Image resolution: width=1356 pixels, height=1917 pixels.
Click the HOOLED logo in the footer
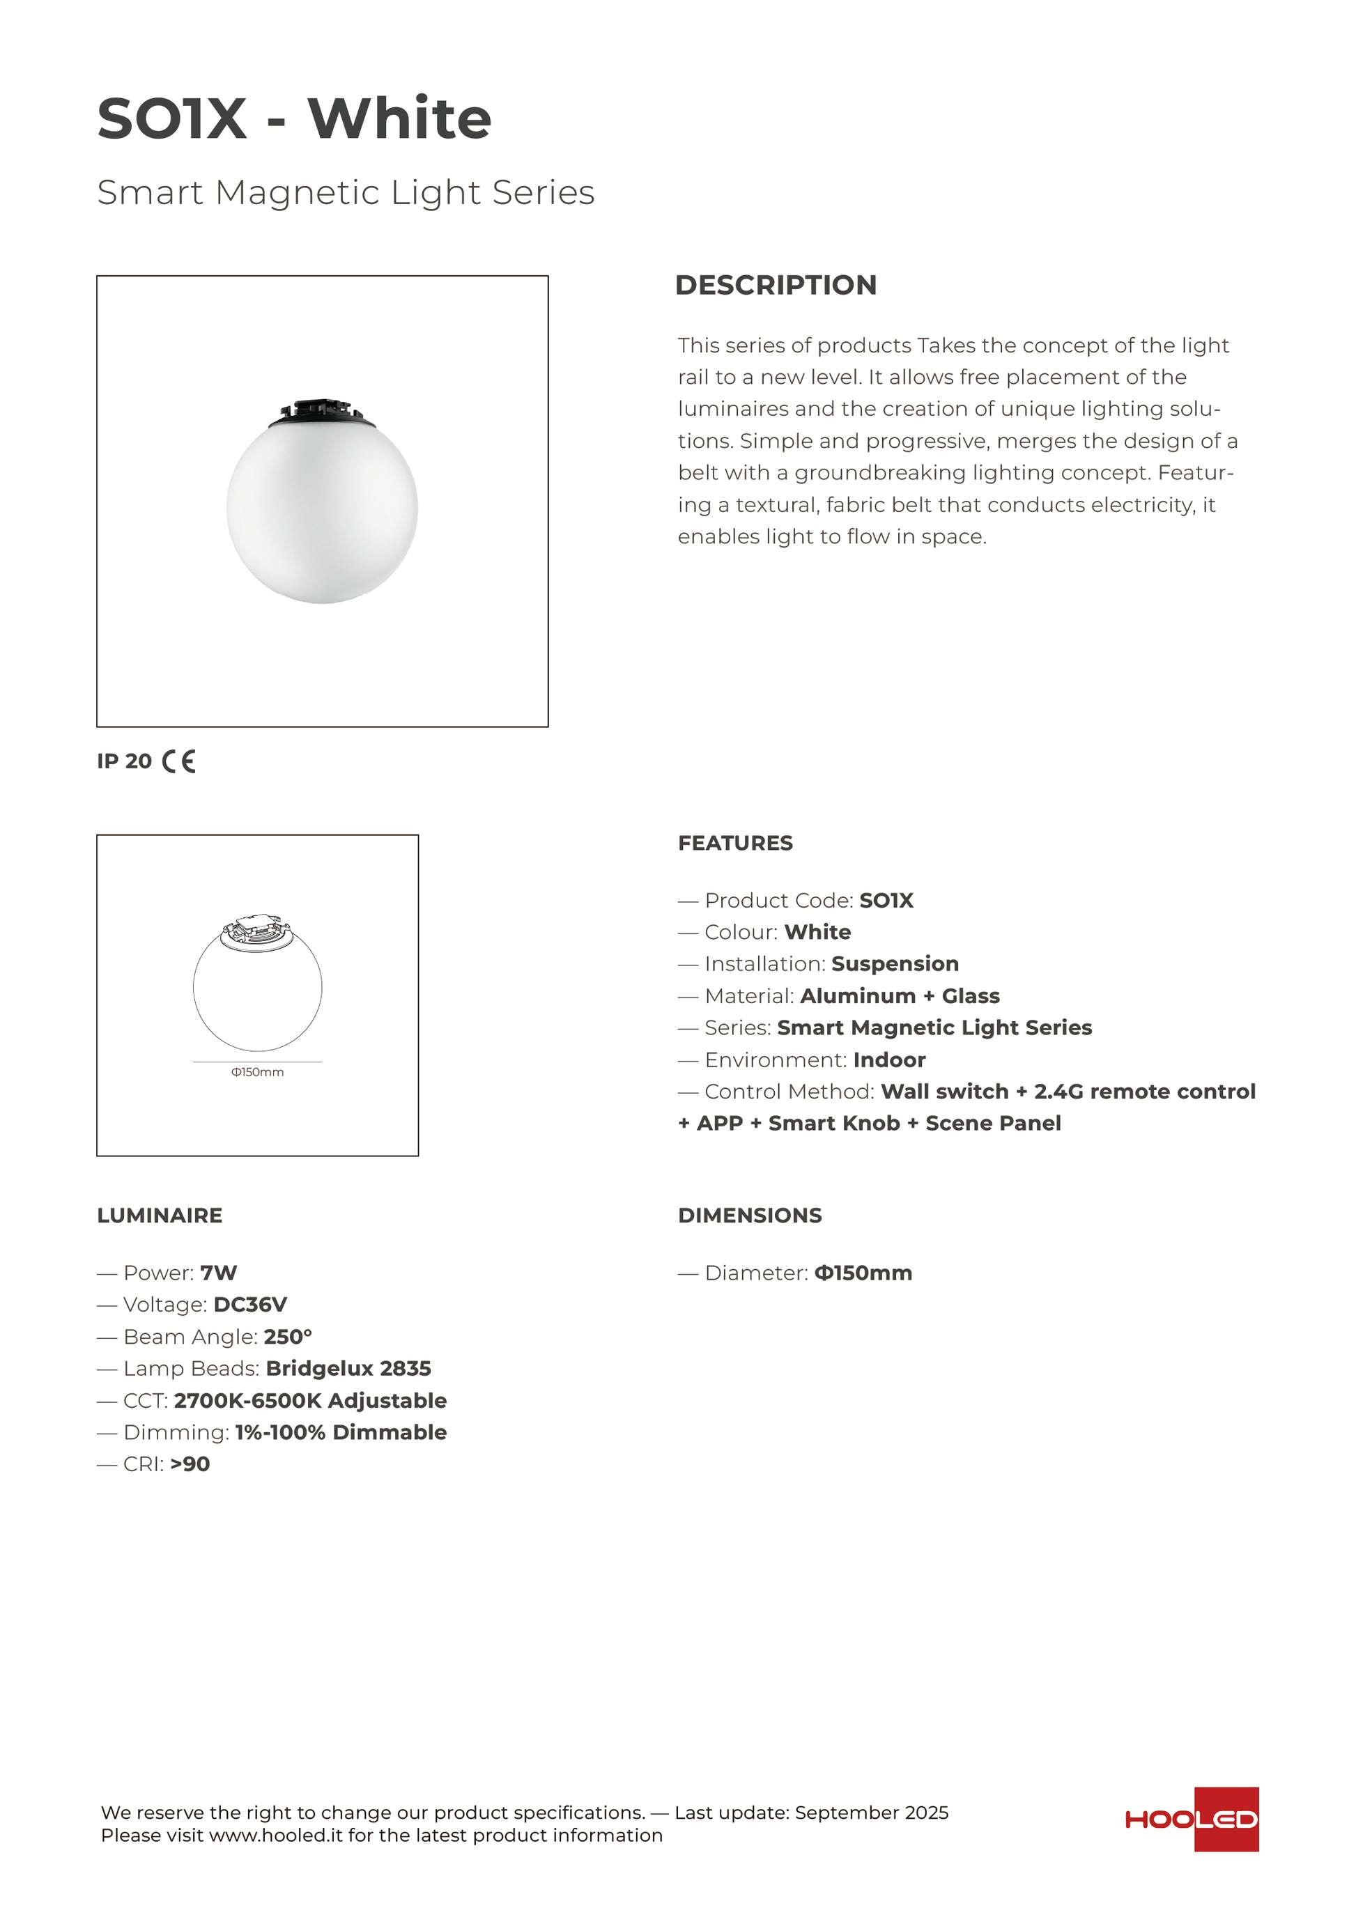point(1192,1819)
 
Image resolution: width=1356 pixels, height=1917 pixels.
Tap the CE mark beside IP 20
point(178,761)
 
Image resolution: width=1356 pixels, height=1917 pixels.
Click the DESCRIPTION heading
point(776,285)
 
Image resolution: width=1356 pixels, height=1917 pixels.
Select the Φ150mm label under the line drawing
point(257,1072)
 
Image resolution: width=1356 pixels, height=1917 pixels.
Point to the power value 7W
point(219,1273)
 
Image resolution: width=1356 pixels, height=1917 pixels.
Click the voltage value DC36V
point(250,1304)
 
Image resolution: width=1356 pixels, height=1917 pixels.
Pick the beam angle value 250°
point(288,1337)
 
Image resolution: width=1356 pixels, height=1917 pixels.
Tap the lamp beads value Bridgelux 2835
point(348,1369)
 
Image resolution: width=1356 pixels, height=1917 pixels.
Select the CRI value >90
point(190,1464)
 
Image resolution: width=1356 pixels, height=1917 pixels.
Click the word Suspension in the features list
point(895,963)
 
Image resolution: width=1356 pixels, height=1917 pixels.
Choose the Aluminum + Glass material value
point(900,996)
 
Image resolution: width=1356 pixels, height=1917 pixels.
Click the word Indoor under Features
point(889,1060)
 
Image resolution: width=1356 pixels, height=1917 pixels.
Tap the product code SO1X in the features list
point(887,900)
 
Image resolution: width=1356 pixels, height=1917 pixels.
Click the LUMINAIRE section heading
point(160,1216)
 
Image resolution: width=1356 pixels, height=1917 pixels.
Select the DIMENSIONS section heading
point(750,1216)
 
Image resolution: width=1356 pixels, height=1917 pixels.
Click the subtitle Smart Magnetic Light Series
point(346,192)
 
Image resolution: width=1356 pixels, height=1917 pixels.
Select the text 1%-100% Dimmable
point(341,1432)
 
